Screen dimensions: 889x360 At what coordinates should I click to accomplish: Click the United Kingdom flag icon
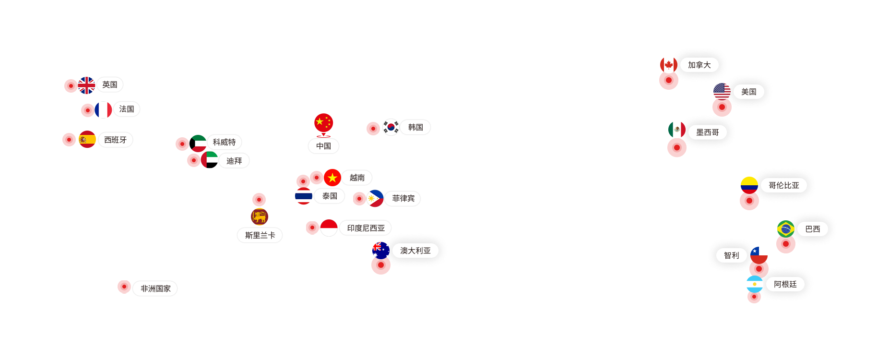point(86,85)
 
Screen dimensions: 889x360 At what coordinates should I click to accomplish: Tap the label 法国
point(127,109)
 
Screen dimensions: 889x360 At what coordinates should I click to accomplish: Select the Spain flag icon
point(87,139)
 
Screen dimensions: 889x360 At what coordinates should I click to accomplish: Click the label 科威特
point(224,142)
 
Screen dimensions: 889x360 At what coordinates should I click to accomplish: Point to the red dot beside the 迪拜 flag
point(194,160)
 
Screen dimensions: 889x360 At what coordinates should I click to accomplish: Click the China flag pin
point(323,124)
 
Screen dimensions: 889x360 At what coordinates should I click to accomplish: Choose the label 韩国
point(415,127)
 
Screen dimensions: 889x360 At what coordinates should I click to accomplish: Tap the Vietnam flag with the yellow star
point(332,178)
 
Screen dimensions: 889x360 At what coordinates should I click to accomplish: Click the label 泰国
point(330,196)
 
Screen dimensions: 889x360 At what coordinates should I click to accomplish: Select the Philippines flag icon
point(375,198)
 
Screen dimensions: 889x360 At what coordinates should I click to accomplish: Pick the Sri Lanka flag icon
point(260,217)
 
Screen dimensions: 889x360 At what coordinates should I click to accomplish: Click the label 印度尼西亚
point(366,228)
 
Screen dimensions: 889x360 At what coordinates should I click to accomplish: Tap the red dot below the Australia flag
point(381,265)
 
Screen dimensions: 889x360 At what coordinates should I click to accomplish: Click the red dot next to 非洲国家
point(124,287)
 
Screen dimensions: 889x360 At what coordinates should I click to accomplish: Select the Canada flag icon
point(669,65)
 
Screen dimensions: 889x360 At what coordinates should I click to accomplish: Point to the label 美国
point(748,92)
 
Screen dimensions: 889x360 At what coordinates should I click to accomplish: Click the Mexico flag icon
point(677,130)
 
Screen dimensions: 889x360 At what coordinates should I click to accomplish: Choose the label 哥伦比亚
point(784,185)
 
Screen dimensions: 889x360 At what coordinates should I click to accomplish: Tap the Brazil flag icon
point(786,229)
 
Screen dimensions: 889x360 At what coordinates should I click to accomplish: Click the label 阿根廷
point(785,284)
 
